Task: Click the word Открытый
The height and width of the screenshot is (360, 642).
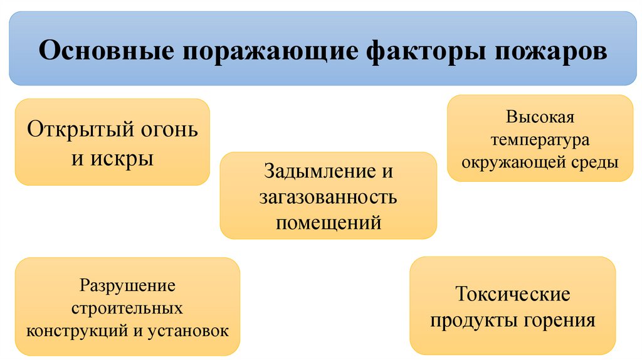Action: (x=70, y=130)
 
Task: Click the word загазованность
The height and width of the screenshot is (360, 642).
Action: (x=328, y=197)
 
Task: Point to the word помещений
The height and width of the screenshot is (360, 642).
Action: (x=328, y=222)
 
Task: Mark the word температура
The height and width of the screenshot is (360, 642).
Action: (x=540, y=139)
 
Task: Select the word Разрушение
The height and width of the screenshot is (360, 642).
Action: (x=127, y=286)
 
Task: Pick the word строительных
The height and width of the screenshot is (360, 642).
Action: (x=127, y=308)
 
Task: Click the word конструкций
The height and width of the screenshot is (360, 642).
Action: (x=76, y=330)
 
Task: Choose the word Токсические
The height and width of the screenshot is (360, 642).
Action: (x=512, y=294)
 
